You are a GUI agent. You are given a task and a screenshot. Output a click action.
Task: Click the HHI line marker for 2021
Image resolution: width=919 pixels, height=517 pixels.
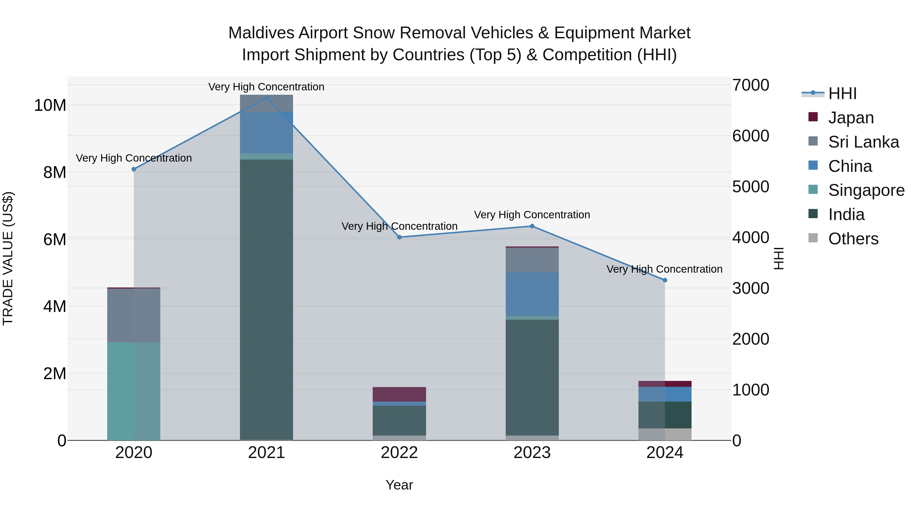[x=266, y=98]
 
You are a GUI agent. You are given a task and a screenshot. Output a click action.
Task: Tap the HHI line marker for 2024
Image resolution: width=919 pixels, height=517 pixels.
[x=665, y=280]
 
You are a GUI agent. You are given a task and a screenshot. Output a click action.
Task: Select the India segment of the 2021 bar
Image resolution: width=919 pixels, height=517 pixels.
[x=266, y=300]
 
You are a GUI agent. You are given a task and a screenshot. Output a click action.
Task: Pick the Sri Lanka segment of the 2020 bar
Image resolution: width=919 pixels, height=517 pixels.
[x=134, y=315]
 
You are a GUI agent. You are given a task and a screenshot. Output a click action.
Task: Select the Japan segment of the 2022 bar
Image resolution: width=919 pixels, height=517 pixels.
[x=399, y=394]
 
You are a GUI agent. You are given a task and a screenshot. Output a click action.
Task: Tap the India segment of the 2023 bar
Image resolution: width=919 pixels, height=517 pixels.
[x=532, y=378]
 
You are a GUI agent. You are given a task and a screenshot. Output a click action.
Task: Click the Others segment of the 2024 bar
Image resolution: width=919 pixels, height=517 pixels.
[x=665, y=434]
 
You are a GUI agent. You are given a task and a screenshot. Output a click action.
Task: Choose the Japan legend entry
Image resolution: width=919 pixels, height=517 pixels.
[x=851, y=118]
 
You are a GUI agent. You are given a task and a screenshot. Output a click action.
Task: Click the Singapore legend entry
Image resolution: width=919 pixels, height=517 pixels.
[x=866, y=190]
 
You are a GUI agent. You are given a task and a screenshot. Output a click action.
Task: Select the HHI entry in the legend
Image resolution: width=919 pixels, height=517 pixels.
[x=842, y=93]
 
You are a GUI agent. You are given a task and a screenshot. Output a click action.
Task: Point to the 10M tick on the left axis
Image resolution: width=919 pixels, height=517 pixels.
[x=50, y=105]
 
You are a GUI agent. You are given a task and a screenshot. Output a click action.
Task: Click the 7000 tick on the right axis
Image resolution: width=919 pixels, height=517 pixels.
[x=751, y=85]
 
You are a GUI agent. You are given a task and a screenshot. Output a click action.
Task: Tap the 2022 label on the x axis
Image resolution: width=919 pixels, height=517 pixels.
[x=399, y=453]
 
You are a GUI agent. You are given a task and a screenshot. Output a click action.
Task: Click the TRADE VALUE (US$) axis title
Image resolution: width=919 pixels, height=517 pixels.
[x=8, y=258]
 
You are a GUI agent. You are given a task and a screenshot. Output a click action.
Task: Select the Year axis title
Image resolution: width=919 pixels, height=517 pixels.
[x=399, y=485]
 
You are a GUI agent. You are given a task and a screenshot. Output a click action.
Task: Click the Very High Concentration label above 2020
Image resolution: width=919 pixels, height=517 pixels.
[x=134, y=158]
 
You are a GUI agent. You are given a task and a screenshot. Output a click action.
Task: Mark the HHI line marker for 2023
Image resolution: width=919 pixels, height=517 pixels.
[x=532, y=226]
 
